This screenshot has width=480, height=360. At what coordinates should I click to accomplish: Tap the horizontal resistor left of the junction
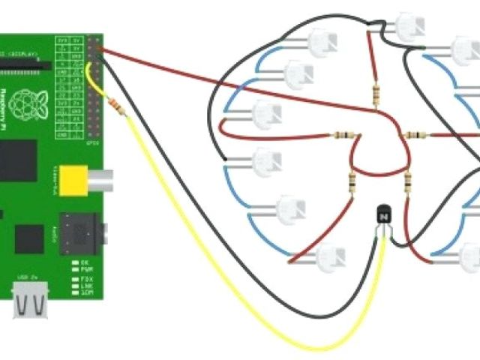click(343, 136)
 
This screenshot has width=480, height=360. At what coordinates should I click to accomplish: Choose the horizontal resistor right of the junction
click(415, 135)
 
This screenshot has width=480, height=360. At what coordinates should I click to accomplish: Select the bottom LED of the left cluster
click(330, 257)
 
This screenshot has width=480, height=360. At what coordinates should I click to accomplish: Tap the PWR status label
click(87, 268)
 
